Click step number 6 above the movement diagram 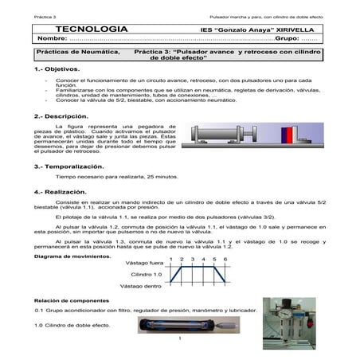(225, 259)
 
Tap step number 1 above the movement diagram (172, 259)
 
